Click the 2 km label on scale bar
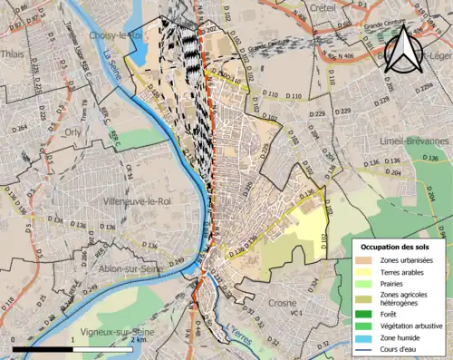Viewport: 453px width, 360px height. click(x=137, y=355)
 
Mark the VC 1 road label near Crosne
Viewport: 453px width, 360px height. click(x=295, y=314)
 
